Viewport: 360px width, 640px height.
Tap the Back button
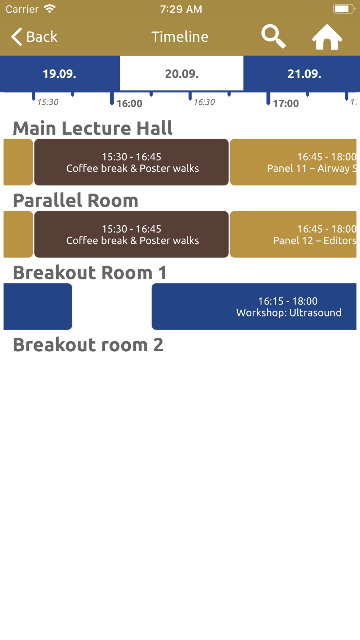34,37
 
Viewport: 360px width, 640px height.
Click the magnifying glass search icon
273,36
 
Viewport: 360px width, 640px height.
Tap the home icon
327,37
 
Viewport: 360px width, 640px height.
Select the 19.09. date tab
60,73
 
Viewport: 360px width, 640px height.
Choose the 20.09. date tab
182,73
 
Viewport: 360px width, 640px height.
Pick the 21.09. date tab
305,73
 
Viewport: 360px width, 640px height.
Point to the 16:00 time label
129,104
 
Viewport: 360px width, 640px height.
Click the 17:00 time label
286,104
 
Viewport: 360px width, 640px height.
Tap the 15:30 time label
48,102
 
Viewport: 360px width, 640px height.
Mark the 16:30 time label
204,102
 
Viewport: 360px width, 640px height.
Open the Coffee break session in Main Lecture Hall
131,162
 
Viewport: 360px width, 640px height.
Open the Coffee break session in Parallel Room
131,234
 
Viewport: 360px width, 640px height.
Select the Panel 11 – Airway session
293,162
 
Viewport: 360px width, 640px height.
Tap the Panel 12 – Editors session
293,234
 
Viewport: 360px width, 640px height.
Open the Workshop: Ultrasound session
254,306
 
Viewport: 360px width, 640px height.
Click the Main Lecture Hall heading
93,128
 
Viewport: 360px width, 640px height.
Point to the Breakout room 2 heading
88,345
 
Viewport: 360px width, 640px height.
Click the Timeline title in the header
180,37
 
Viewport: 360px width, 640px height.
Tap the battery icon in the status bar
344,9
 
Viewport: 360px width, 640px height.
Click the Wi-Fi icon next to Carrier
50,9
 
